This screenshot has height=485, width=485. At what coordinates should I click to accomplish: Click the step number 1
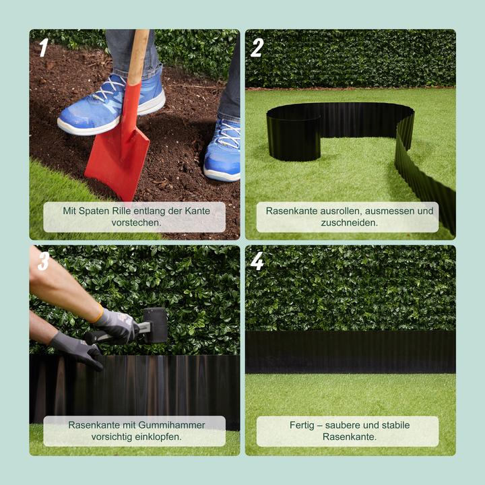(44, 48)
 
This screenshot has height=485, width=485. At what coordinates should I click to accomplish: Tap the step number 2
(257, 48)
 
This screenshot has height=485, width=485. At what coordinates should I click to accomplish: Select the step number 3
(44, 261)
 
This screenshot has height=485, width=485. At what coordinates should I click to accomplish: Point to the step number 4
(257, 261)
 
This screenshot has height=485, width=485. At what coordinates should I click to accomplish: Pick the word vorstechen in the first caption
(135, 222)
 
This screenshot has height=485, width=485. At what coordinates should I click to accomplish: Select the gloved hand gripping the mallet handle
(118, 325)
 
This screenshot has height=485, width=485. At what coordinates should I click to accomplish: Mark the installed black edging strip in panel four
(350, 352)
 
